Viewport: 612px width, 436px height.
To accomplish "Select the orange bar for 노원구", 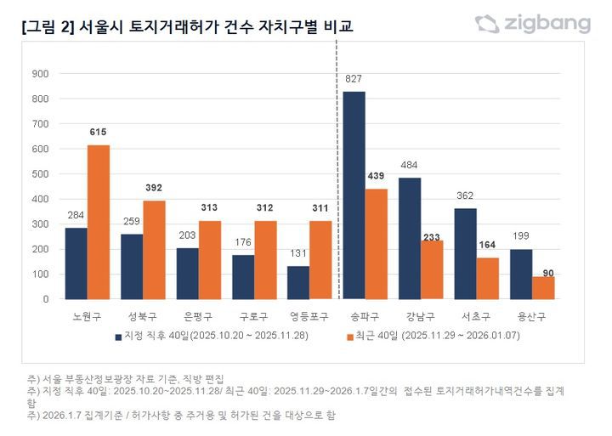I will (x=99, y=222).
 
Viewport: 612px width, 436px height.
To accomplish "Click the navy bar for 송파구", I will (x=354, y=195).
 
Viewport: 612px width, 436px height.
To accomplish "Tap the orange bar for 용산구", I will (x=543, y=287).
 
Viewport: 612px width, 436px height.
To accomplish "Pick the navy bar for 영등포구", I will (x=298, y=282).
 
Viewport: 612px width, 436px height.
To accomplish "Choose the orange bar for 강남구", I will (x=432, y=269).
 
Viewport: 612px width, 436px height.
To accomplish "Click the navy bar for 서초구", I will (x=466, y=253).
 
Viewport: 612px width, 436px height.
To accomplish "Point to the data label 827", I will (x=354, y=79).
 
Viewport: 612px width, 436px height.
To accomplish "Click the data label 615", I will (x=99, y=133).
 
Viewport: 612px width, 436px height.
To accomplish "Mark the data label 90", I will (x=543, y=272).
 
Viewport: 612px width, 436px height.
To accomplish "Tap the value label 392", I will (x=154, y=189).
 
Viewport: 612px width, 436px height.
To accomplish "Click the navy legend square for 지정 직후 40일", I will (x=120, y=337).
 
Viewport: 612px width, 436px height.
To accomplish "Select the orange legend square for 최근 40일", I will (x=350, y=337).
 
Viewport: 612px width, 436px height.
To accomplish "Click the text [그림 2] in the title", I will (x=47, y=27).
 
